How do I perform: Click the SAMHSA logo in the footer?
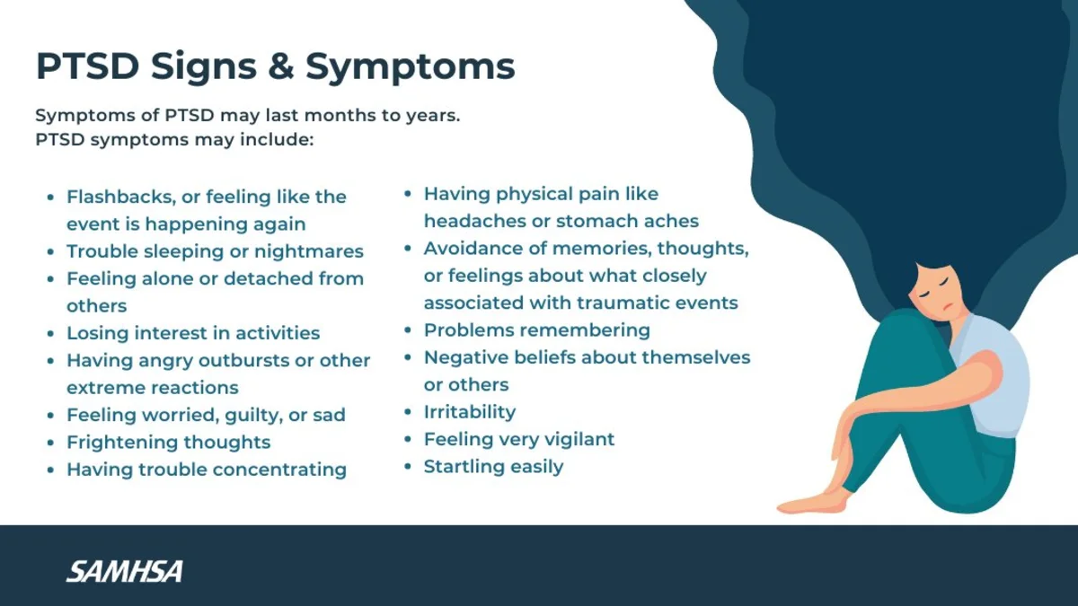click(125, 571)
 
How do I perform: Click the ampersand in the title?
click(281, 66)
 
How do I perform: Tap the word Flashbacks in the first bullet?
click(120, 197)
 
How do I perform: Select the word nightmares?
click(308, 251)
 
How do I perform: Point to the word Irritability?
click(470, 412)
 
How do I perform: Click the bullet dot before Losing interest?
click(50, 333)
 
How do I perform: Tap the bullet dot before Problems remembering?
click(408, 330)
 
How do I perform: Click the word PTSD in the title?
click(88, 66)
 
